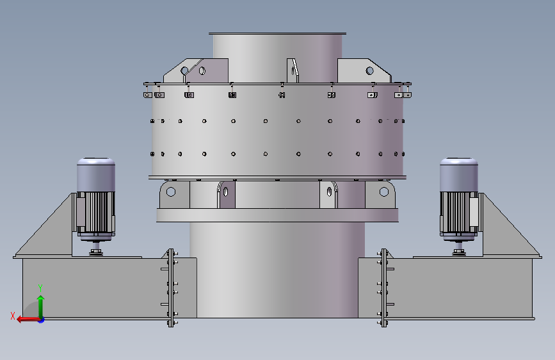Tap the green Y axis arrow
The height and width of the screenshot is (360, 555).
click(x=41, y=307)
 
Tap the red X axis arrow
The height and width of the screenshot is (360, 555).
click(x=28, y=320)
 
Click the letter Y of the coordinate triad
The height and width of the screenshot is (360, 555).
click(x=40, y=288)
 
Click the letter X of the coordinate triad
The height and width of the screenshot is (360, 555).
click(x=13, y=316)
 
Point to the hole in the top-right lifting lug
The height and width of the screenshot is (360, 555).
click(x=369, y=71)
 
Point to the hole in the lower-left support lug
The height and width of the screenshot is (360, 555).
click(x=171, y=192)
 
